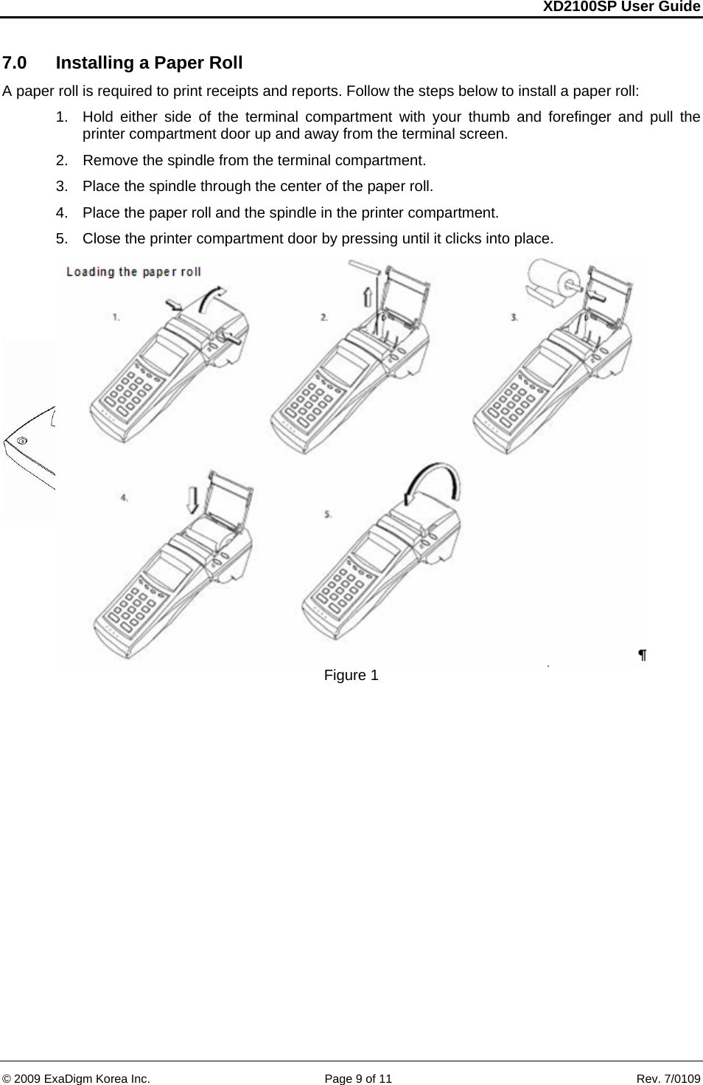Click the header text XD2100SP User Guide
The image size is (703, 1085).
tap(620, 7)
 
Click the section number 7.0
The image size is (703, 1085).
tap(15, 63)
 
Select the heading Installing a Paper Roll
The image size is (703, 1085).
tap(149, 63)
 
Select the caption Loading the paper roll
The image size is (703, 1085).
tap(133, 271)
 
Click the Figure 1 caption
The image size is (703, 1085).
tap(351, 675)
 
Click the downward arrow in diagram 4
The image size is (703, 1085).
tap(192, 499)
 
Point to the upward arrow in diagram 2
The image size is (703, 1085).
tap(368, 297)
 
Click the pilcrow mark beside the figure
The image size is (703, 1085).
tap(642, 655)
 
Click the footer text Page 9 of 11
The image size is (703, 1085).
tap(358, 1078)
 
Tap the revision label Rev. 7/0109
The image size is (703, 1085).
tap(668, 1078)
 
